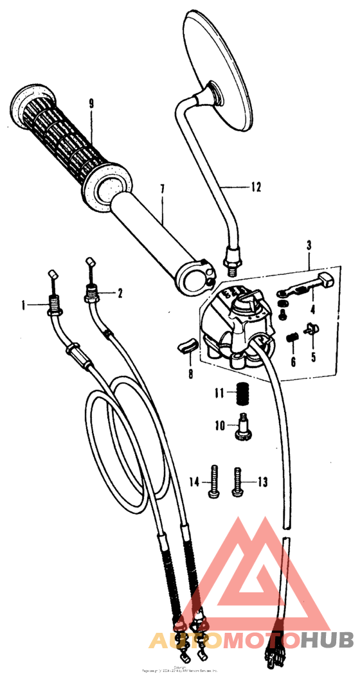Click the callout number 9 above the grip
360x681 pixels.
(91, 103)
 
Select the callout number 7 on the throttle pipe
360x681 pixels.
(163, 189)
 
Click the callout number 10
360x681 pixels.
(219, 425)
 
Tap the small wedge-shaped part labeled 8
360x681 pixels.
(185, 348)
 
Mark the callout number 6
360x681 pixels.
(293, 362)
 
